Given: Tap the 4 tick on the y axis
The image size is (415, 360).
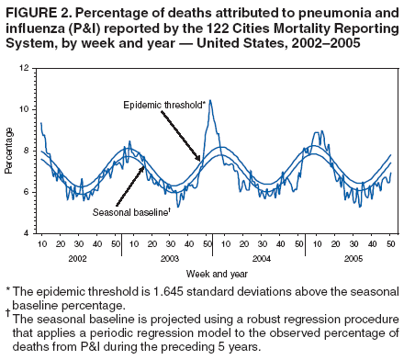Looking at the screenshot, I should (x=28, y=233).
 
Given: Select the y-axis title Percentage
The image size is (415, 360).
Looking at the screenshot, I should (x=8, y=151).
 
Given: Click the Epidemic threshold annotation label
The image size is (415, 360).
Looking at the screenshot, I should (x=163, y=105).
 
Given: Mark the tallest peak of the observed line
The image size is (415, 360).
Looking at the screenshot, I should (x=209, y=101).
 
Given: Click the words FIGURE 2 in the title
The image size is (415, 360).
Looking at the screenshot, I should (x=37, y=11).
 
